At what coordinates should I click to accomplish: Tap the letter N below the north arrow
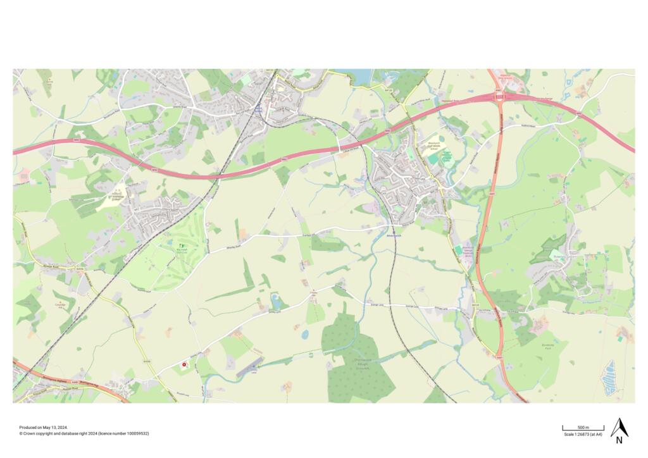point(619,441)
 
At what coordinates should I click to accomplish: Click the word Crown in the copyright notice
point(29,433)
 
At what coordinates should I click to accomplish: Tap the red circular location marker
point(184,364)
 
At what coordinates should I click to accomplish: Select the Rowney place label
point(559,257)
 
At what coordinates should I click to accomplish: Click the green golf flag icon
point(182,245)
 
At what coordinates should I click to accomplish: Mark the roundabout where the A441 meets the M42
point(499,97)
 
